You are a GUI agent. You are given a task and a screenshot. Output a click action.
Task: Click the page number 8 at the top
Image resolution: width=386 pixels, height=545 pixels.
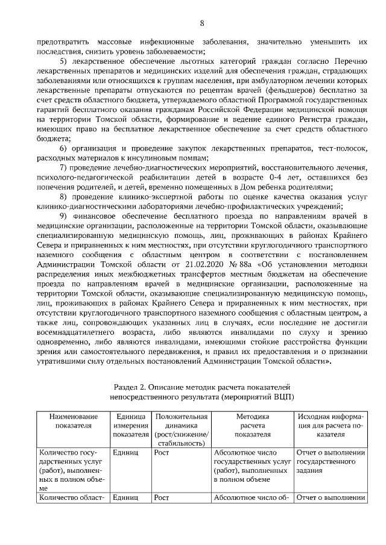click(x=201, y=23)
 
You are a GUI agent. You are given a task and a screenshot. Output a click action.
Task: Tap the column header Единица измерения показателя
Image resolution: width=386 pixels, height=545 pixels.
click(x=130, y=425)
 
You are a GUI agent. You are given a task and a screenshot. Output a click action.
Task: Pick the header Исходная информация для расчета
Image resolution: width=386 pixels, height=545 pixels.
click(x=331, y=425)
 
